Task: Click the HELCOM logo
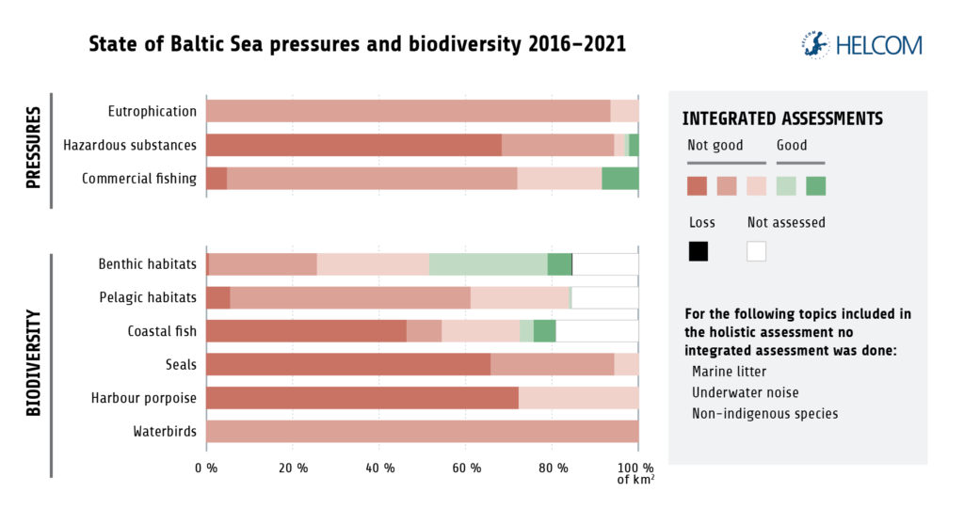pyautogui.click(x=859, y=44)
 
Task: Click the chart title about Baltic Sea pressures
pyautogui.click(x=357, y=44)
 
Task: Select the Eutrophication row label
pyautogui.click(x=152, y=111)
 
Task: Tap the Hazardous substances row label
pyautogui.click(x=130, y=145)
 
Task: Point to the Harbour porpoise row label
pyautogui.click(x=143, y=398)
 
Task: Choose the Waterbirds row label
pyautogui.click(x=165, y=432)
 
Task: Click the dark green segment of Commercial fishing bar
pyautogui.click(x=619, y=179)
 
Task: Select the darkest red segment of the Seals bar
pyautogui.click(x=347, y=364)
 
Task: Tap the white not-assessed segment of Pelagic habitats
pyautogui.click(x=604, y=297)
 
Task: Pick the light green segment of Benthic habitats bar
pyautogui.click(x=488, y=264)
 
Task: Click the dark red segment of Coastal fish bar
pyautogui.click(x=306, y=331)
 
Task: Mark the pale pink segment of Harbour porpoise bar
pyautogui.click(x=578, y=398)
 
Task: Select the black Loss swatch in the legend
pyautogui.click(x=698, y=251)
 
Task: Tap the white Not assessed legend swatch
pyautogui.click(x=757, y=251)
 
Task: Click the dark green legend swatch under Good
pyautogui.click(x=816, y=185)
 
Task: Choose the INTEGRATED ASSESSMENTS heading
pyautogui.click(x=781, y=119)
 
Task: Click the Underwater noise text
pyautogui.click(x=739, y=392)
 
